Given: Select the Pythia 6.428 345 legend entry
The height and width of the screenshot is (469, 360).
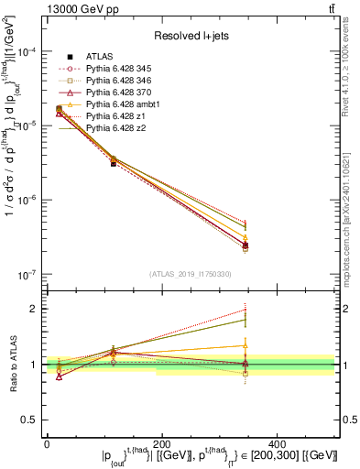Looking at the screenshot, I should (x=125, y=69).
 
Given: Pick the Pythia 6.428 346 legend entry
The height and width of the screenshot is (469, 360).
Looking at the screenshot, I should (x=125, y=81).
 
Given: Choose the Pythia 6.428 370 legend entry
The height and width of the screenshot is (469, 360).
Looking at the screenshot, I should (x=125, y=93).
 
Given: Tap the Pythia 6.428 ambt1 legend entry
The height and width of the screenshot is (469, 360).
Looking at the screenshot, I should (x=128, y=104).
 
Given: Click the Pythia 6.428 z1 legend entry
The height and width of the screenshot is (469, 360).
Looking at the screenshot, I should (x=122, y=116).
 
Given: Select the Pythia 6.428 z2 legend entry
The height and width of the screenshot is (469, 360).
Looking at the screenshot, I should (x=122, y=128).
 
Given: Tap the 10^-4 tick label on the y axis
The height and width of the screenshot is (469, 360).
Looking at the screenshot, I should (x=25, y=51).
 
